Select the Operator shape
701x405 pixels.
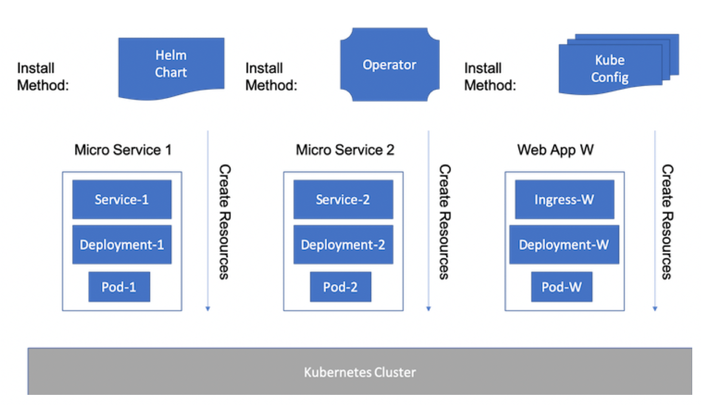tap(389, 65)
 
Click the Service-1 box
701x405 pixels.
tap(122, 200)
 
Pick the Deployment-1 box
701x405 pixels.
tap(122, 245)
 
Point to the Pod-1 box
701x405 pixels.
tap(119, 287)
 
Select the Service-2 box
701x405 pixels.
tap(343, 200)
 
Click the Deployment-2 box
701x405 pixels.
tap(343, 245)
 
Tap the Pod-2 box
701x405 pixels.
tap(340, 287)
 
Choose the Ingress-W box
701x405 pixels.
tap(564, 200)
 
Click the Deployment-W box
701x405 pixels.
tap(564, 245)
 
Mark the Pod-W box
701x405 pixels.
tap(561, 287)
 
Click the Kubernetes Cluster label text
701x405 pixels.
tap(360, 373)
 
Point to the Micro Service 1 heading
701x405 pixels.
tap(123, 150)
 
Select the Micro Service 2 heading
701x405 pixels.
tap(345, 150)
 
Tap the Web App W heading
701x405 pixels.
tap(555, 150)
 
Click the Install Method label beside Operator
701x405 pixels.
tap(271, 77)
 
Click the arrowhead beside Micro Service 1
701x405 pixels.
tap(208, 308)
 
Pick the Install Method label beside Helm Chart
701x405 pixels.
tap(43, 77)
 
